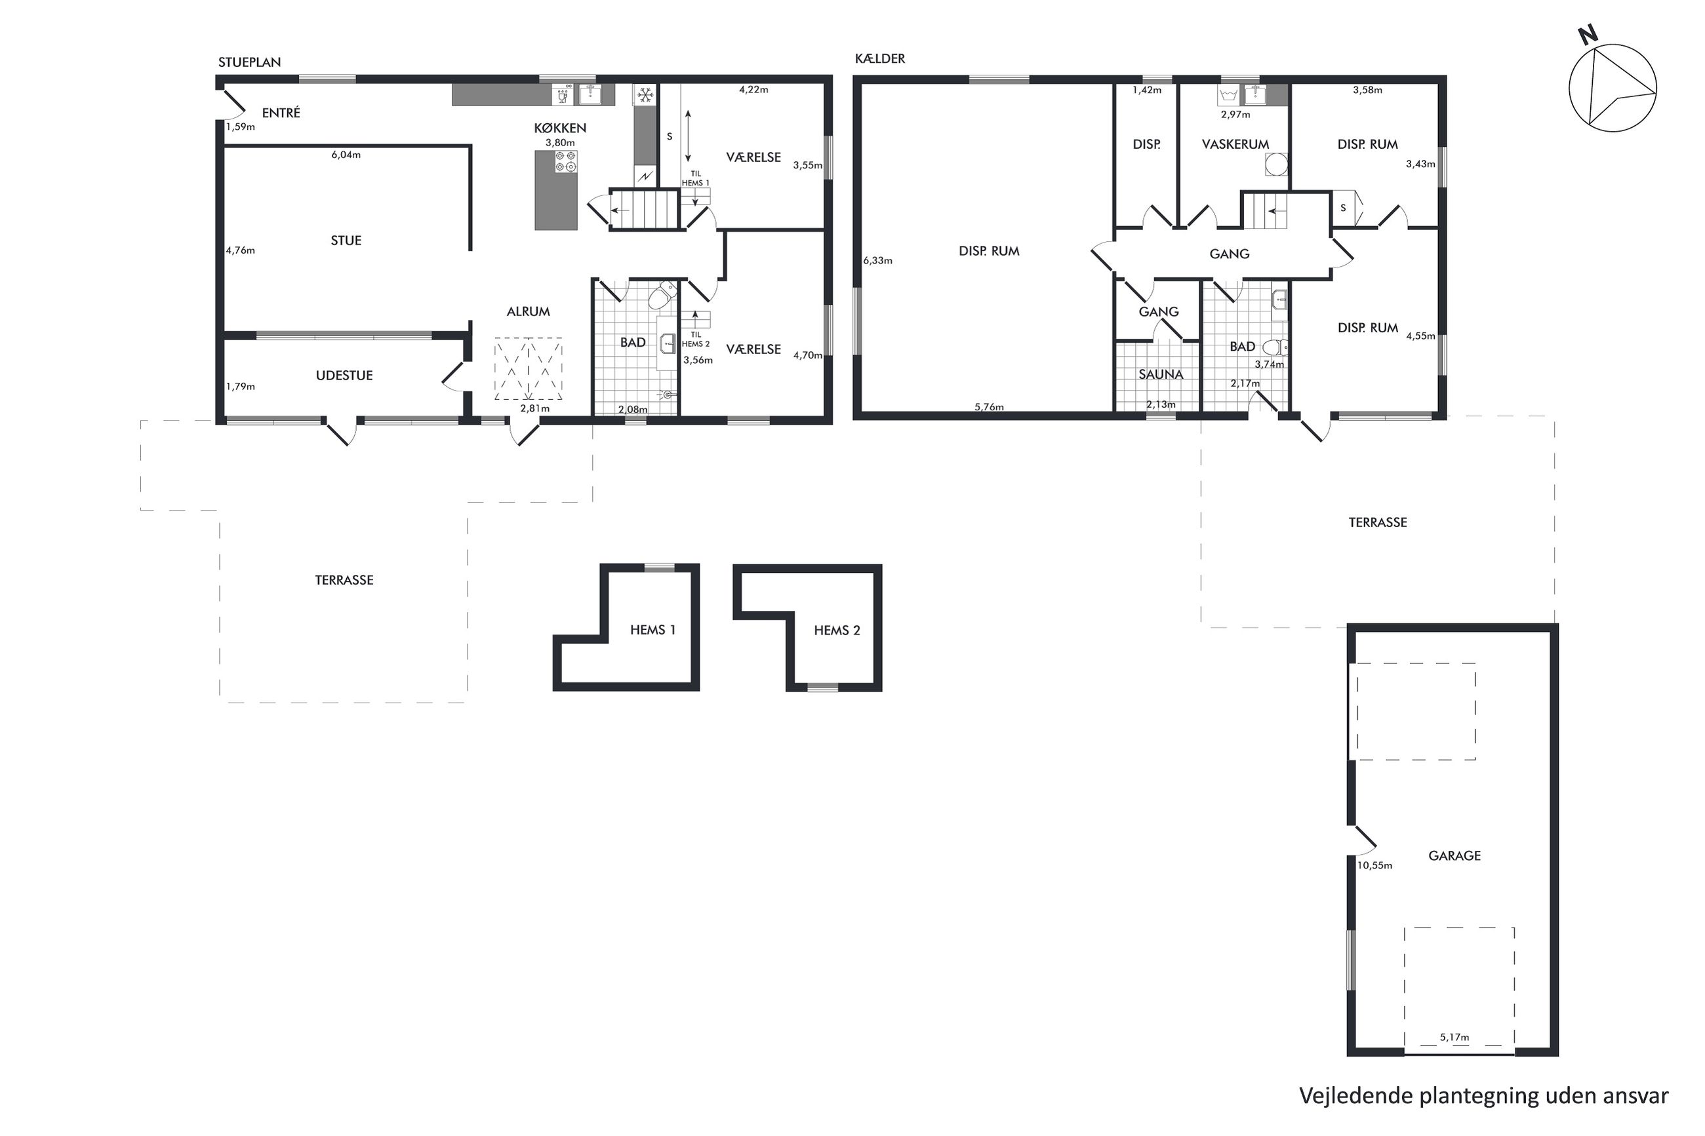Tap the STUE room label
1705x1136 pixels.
346,241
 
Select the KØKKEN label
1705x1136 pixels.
559,128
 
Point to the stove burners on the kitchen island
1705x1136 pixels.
566,161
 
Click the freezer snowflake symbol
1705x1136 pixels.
644,95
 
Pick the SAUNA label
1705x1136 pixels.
1160,374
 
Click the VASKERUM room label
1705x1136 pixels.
1235,144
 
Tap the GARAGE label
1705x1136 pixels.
1454,855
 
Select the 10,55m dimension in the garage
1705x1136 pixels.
1374,865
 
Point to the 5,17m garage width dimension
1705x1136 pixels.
1454,1038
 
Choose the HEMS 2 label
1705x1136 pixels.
836,631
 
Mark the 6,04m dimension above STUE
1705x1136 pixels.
346,154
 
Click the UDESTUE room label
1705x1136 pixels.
344,376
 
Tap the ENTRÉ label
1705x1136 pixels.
281,112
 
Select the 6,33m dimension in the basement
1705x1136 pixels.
877,260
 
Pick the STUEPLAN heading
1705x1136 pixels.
249,62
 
